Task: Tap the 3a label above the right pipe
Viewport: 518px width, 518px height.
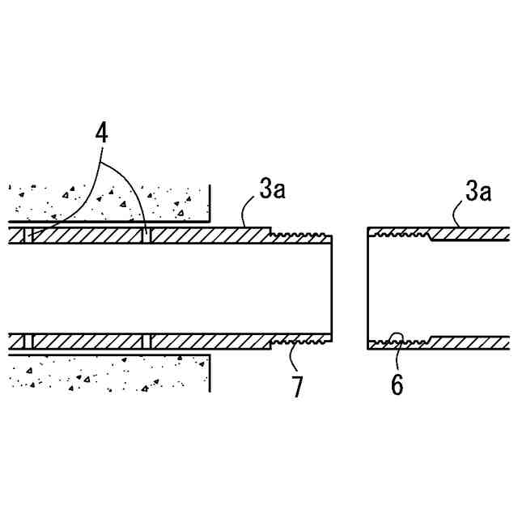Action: (479, 191)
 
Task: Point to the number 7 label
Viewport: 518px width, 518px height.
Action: (297, 387)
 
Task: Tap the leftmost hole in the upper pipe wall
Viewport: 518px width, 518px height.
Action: (28, 235)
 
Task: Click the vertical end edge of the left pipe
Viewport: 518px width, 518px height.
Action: (333, 287)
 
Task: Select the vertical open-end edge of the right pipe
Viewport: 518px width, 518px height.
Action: (368, 287)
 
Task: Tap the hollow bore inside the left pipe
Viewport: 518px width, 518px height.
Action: (162, 287)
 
